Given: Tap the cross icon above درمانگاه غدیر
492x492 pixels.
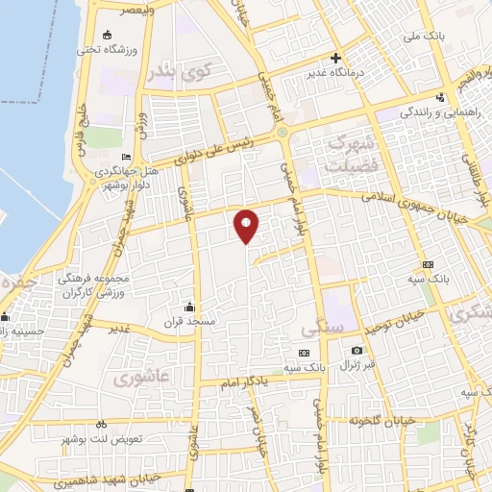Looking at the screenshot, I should pos(335,57).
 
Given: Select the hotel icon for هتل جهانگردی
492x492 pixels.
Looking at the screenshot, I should pos(125,158).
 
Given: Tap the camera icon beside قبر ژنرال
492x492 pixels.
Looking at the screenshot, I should pos(357,351).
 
